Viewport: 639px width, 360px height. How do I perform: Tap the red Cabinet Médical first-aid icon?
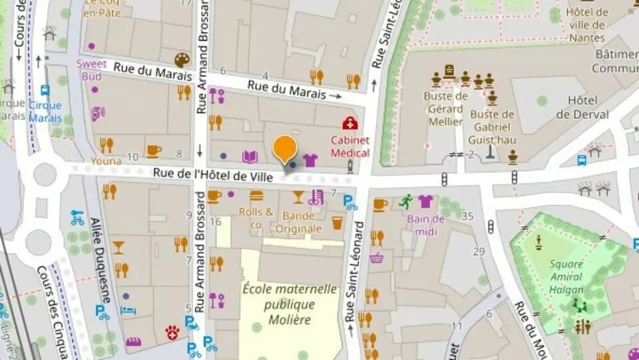point(349,123)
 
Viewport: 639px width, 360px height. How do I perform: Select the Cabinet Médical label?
point(350,146)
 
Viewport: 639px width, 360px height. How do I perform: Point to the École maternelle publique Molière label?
point(290,304)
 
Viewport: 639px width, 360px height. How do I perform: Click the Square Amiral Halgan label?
point(566,277)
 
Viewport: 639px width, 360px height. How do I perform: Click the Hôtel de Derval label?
point(582,108)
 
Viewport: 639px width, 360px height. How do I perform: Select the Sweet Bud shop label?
point(91,70)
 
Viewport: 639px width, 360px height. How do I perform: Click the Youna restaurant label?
point(106,161)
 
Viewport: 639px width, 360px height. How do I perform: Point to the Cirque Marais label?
point(45,112)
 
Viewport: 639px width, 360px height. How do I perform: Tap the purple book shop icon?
point(250,157)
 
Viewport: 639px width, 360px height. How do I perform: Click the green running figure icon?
point(406,201)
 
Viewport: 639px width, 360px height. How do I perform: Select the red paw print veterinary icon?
point(172,331)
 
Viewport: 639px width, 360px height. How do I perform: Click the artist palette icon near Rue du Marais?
point(182,61)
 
